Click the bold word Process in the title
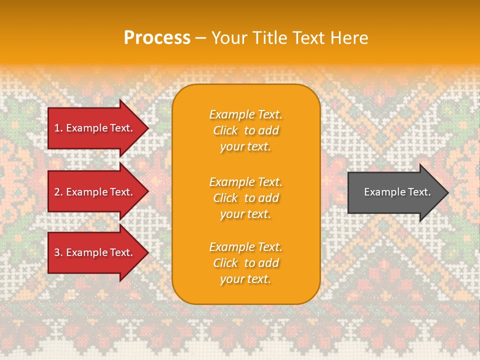[x=157, y=38]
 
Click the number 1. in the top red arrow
[x=58, y=128]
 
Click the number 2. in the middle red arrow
[x=58, y=192]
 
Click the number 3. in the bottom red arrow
[x=58, y=252]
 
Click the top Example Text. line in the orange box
[x=245, y=114]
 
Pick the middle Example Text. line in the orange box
[x=245, y=182]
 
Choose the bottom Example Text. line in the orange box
[x=245, y=247]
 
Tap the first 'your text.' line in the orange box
[x=245, y=147]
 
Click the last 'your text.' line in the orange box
[x=245, y=279]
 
